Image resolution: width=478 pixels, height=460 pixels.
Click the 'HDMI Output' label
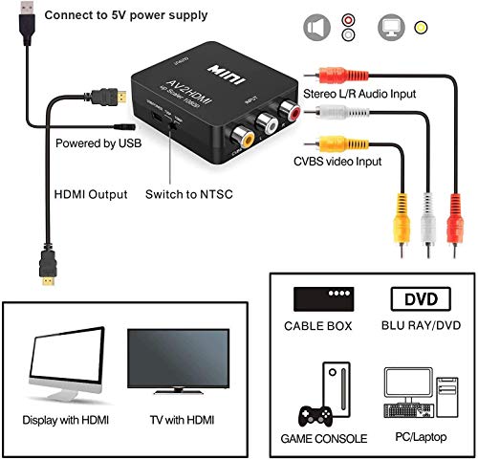[x=88, y=194]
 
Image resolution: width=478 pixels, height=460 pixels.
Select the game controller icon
[x=316, y=417]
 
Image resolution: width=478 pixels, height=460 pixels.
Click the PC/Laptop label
[x=416, y=438]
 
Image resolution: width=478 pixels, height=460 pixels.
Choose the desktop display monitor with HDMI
[x=67, y=361]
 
